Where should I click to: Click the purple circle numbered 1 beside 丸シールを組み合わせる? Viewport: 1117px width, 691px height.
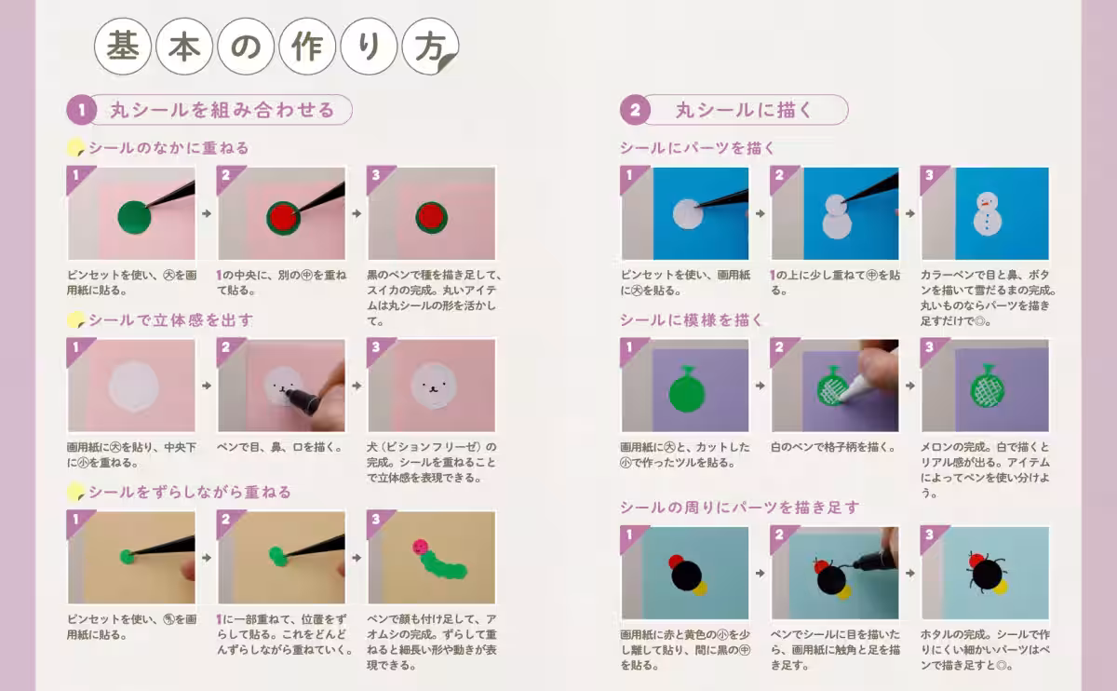click(x=81, y=111)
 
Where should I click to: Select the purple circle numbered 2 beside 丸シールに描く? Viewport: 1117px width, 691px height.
click(x=635, y=111)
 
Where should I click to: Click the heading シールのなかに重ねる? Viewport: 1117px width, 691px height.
click(x=168, y=148)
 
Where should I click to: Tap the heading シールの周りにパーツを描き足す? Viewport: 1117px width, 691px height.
click(x=739, y=508)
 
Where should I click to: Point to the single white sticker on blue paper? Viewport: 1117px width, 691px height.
click(x=686, y=214)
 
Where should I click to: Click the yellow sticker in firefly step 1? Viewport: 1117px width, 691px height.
click(x=701, y=588)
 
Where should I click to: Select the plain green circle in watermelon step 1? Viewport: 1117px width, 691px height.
click(x=133, y=218)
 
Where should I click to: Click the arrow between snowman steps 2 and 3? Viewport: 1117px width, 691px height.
click(x=909, y=213)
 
